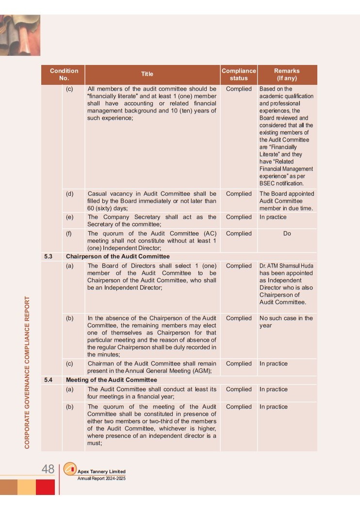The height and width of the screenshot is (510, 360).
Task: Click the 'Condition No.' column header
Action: point(64,74)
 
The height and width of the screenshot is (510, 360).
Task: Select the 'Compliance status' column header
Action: point(239,74)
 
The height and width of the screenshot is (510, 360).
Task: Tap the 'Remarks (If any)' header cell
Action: point(287,74)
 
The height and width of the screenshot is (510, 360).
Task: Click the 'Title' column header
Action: point(147,74)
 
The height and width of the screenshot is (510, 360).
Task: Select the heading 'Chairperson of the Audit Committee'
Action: point(118,256)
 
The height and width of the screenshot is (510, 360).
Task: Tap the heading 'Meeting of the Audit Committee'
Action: point(112,380)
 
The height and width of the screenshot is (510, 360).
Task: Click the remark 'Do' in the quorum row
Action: point(287,234)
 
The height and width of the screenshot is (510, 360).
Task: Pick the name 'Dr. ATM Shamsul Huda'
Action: point(286,266)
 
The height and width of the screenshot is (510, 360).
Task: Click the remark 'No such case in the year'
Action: point(286,322)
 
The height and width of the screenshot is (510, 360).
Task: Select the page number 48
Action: point(48,469)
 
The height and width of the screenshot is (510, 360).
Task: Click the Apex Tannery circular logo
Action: point(70,469)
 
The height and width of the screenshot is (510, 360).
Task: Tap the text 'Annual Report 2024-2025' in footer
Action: point(101,478)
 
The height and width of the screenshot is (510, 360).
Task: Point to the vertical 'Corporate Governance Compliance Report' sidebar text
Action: point(28,372)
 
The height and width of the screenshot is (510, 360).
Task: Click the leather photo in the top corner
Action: point(20,35)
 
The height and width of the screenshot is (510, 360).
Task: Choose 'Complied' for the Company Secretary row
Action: point(239,217)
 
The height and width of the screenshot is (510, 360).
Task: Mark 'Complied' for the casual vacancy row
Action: point(239,193)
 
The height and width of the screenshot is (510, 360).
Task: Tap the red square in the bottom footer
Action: point(45,487)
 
